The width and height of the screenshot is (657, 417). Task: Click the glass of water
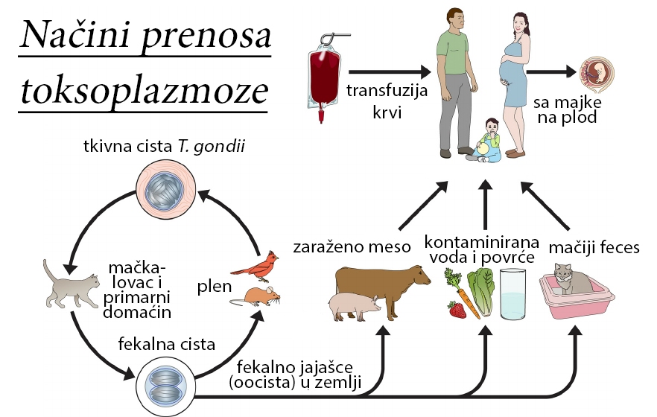pos(514,293)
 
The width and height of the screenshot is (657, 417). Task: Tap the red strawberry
pos(457,309)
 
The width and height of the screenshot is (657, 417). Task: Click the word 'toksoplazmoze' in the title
pos(142,89)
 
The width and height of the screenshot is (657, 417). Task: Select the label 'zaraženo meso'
pos(352,247)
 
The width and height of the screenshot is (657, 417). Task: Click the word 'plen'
pos(213,287)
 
